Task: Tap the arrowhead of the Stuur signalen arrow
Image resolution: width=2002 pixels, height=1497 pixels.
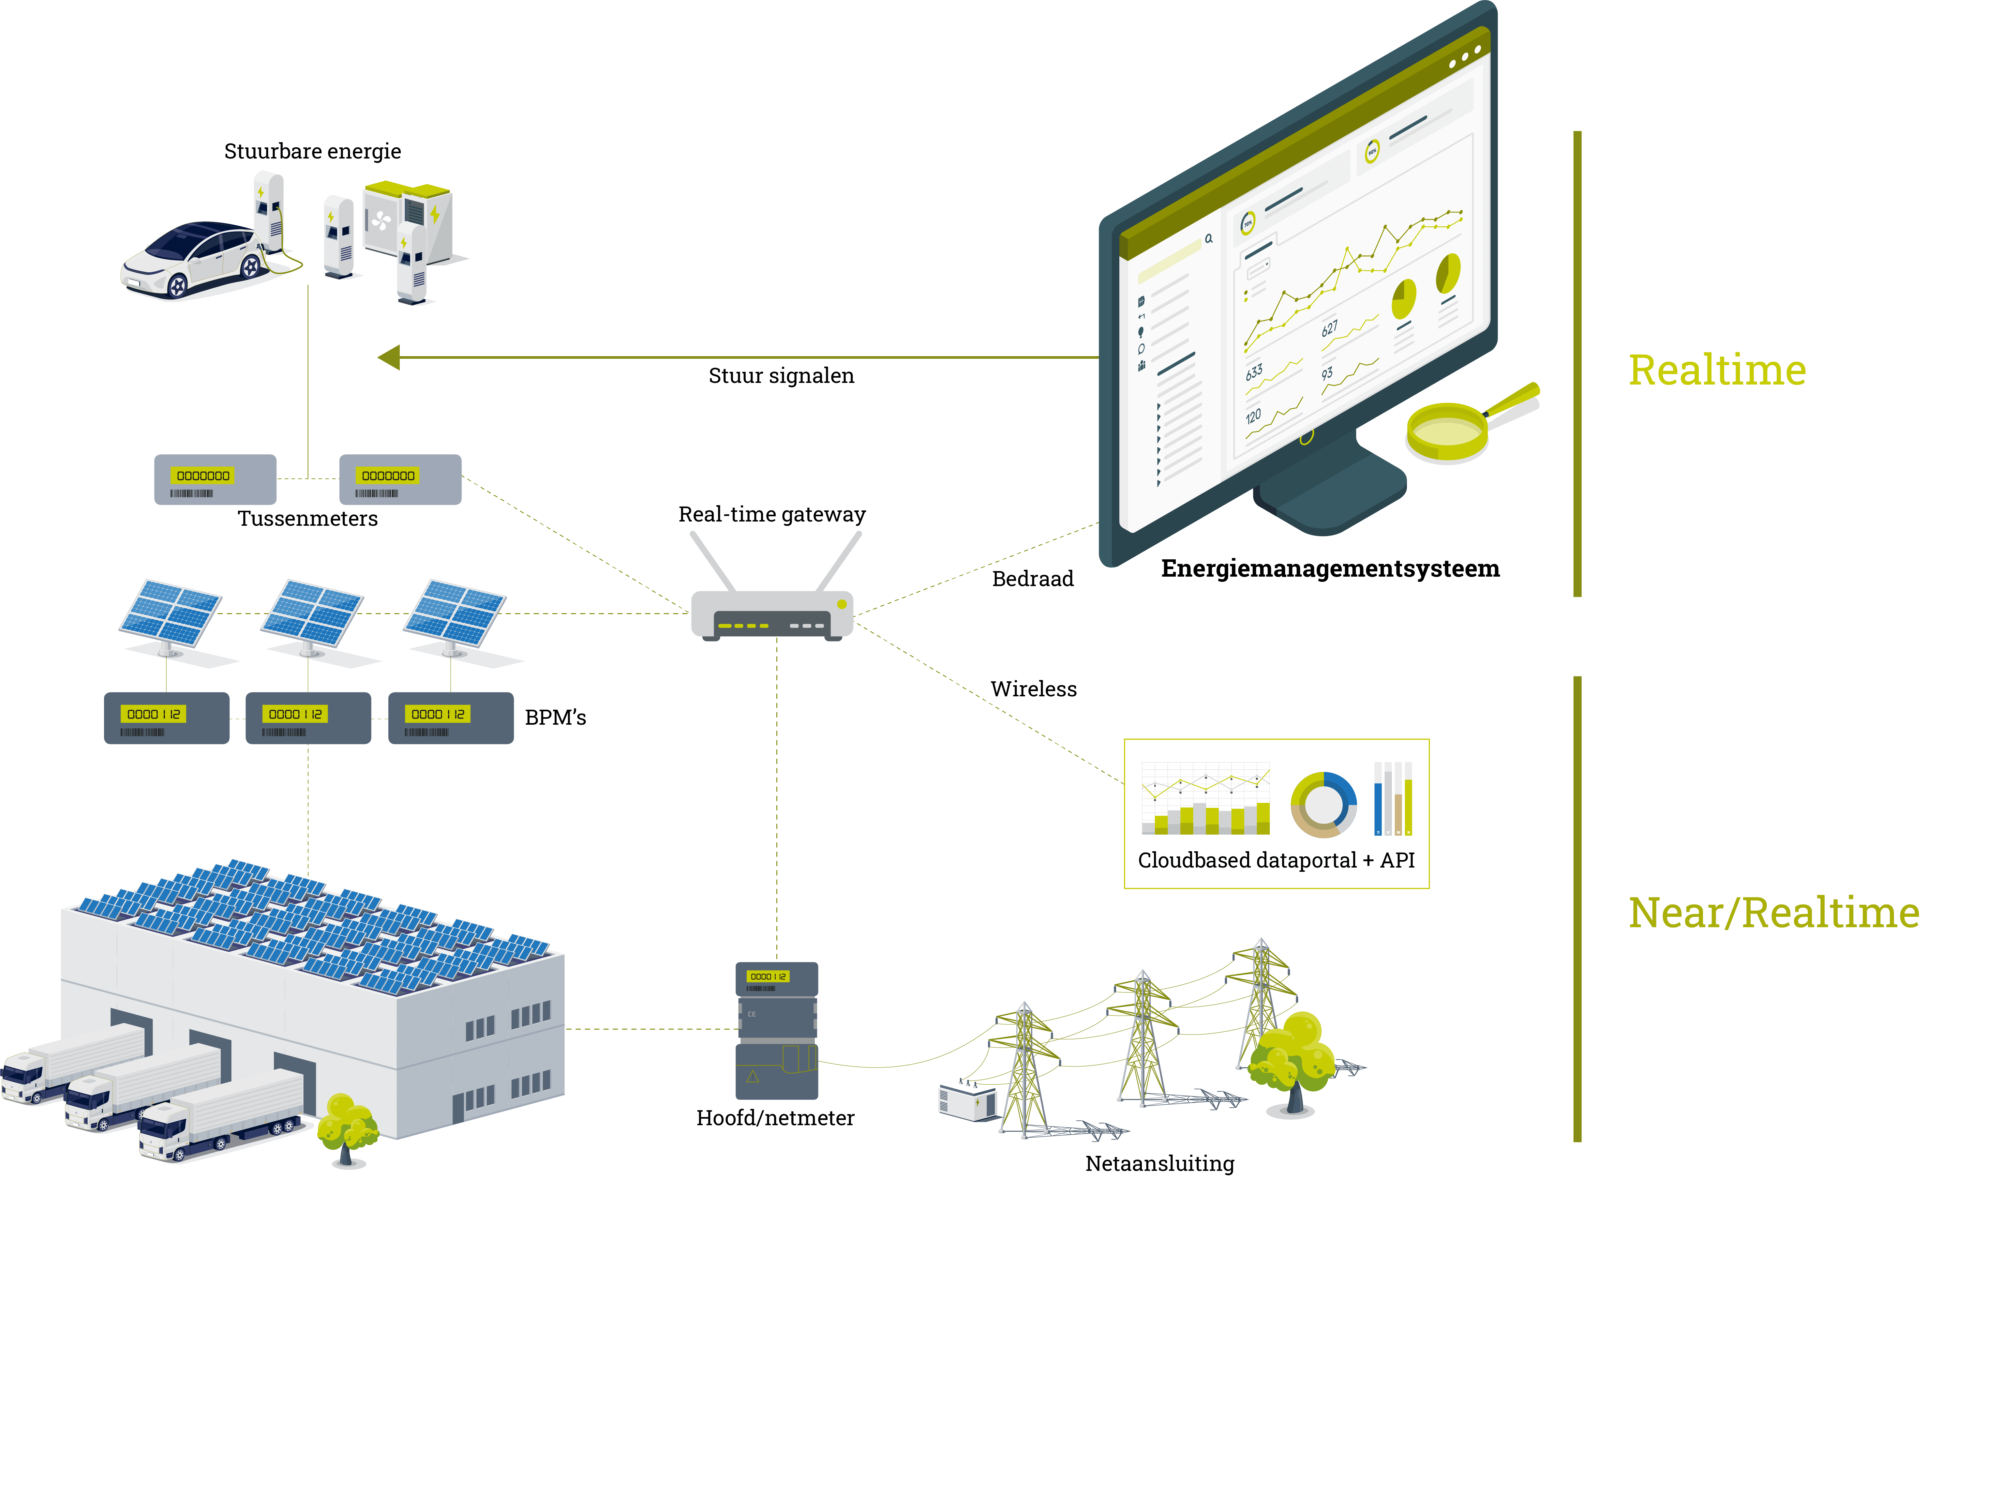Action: pos(389,357)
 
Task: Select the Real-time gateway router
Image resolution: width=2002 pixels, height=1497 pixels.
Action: pos(772,614)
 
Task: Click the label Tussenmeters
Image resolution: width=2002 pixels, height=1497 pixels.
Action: pos(308,519)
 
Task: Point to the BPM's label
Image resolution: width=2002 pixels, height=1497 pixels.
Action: pos(555,718)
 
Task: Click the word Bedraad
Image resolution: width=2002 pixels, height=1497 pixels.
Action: pos(1033,579)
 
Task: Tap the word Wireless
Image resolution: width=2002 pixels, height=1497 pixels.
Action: pos(1034,690)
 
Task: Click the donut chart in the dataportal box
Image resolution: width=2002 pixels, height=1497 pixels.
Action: pos(1323,804)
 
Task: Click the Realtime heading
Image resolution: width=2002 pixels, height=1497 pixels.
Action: pos(1717,370)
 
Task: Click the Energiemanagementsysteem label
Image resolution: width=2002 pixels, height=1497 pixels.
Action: pos(1330,568)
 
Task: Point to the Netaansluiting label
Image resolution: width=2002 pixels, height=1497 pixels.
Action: pos(1159,1164)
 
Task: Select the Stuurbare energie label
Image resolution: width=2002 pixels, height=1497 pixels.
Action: pos(312,151)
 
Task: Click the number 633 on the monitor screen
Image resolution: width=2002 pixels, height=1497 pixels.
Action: pos(1254,372)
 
